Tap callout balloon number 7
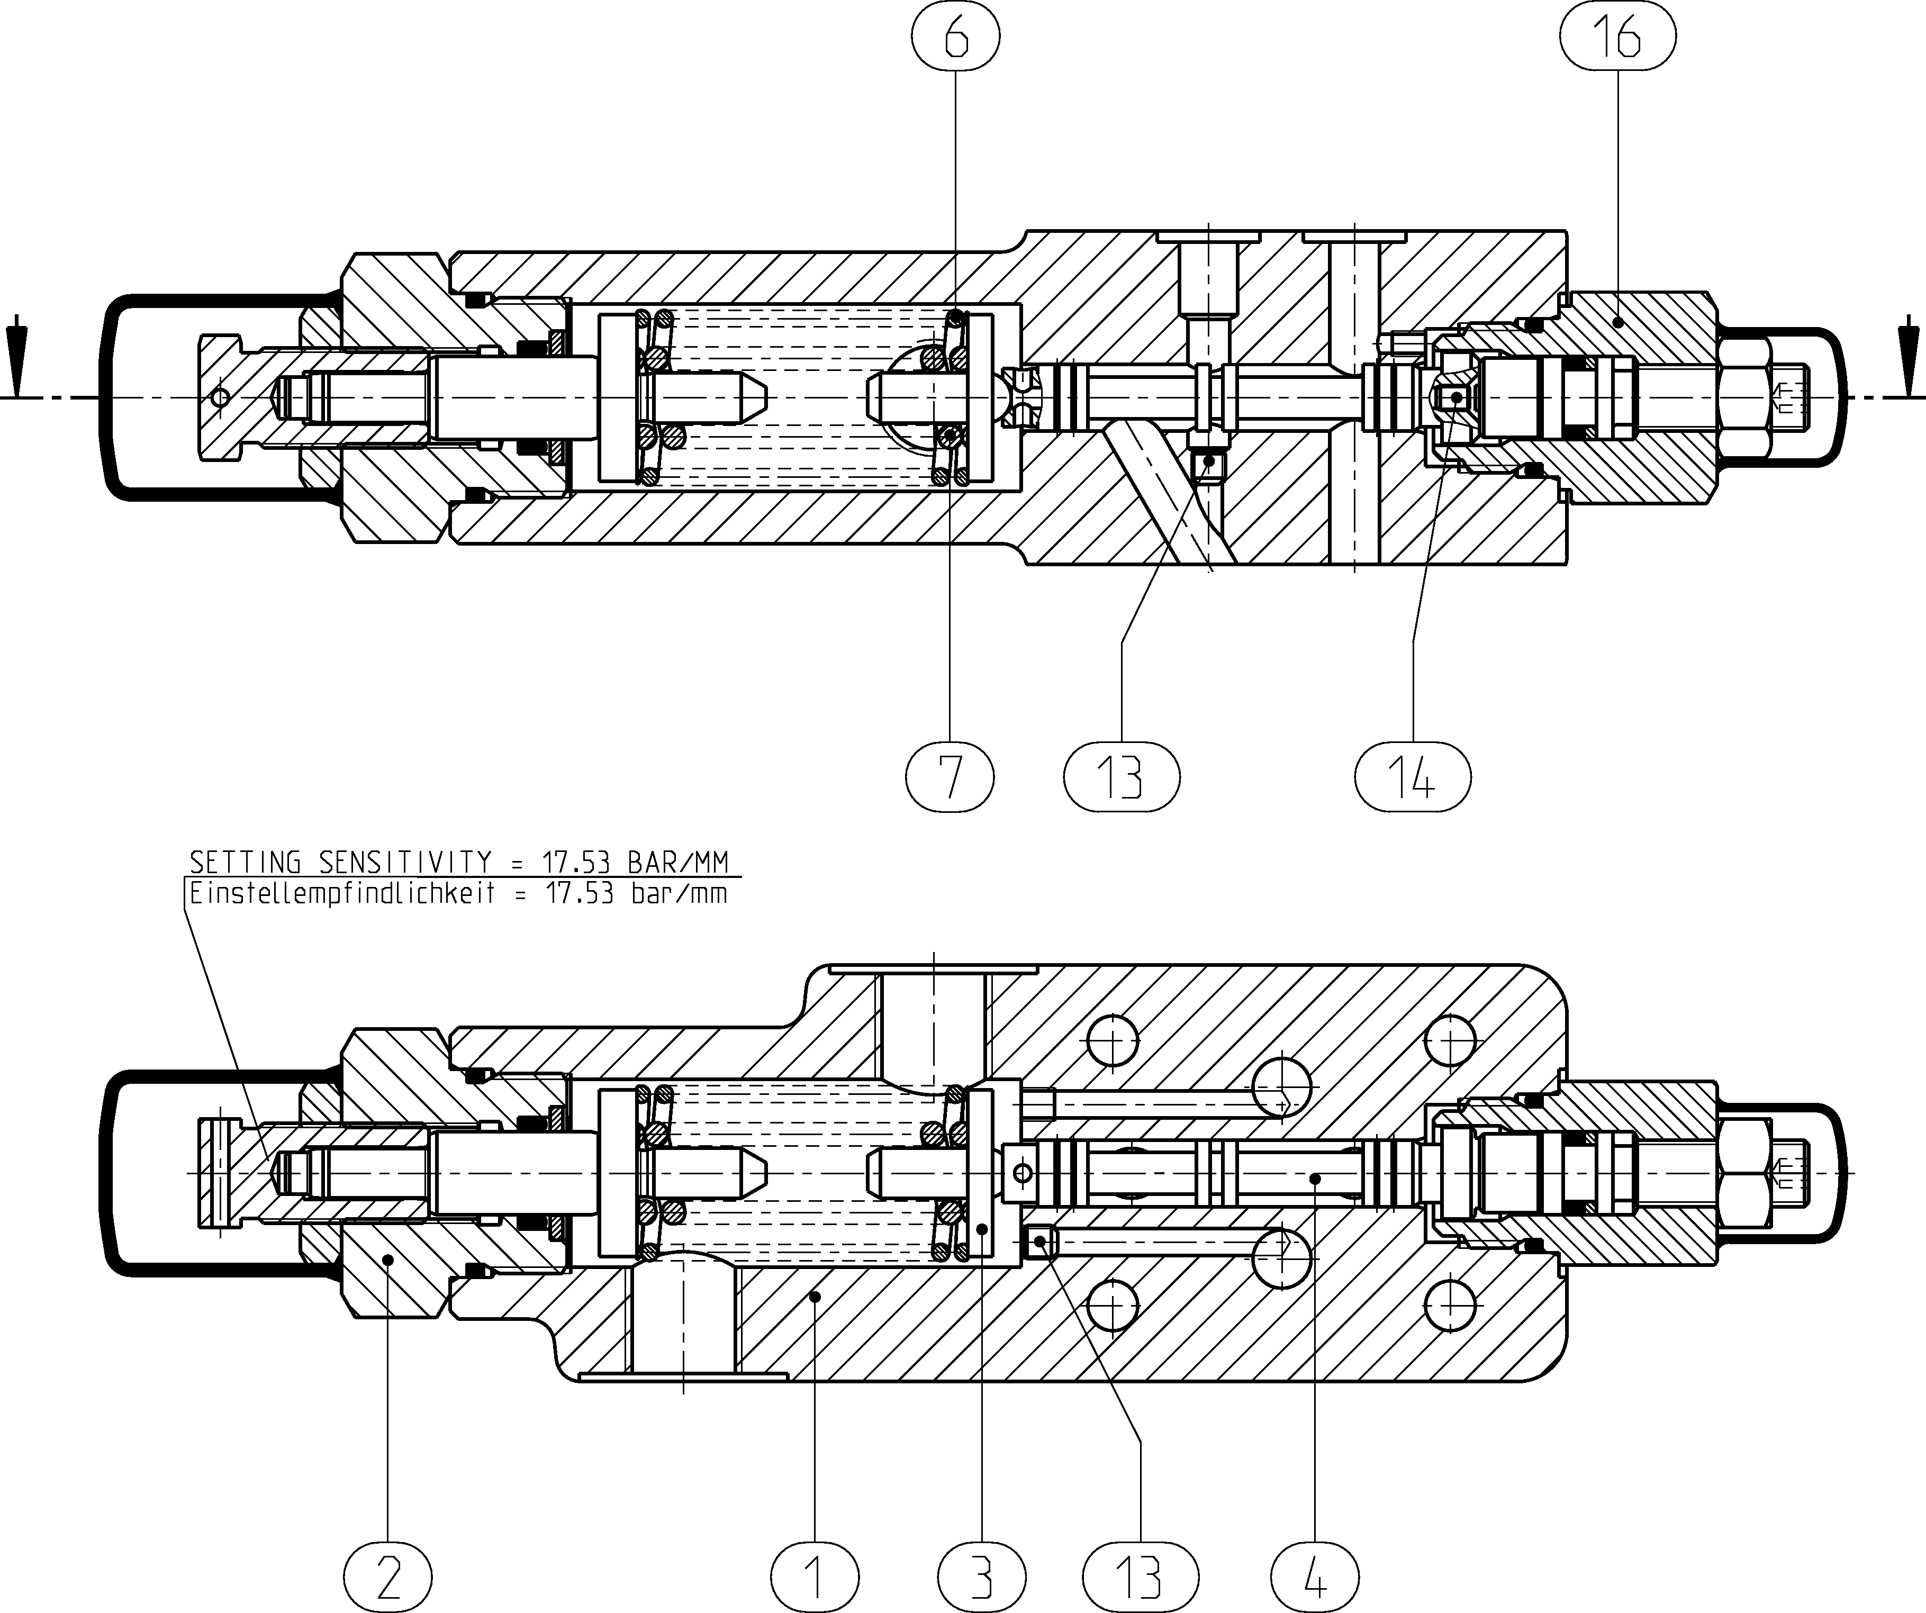[950, 777]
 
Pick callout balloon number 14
[1413, 777]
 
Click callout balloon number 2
[388, 1577]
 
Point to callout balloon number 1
[816, 1577]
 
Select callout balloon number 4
[1315, 1577]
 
